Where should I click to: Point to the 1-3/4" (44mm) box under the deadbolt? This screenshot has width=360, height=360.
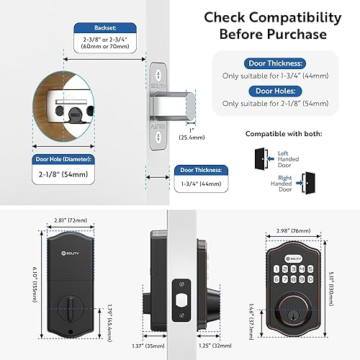199,185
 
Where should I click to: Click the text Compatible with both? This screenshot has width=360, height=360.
283,133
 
